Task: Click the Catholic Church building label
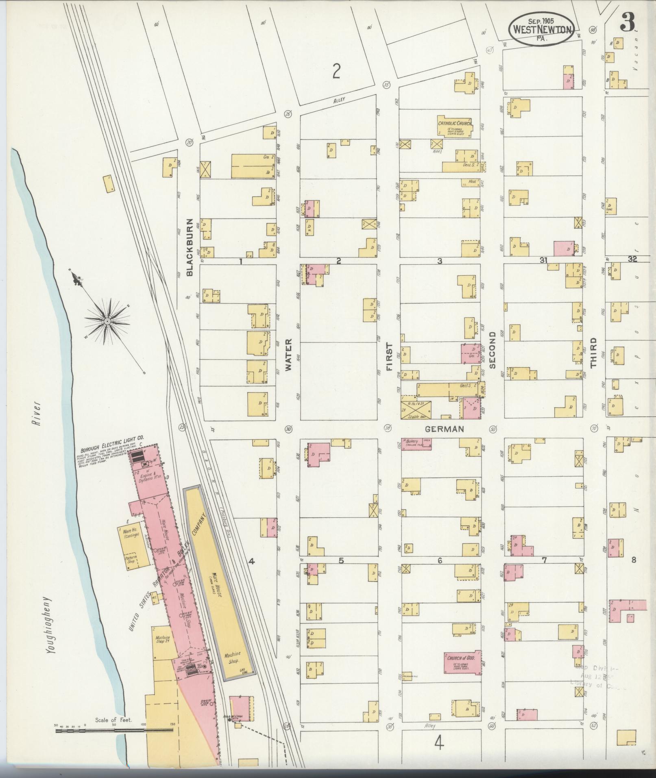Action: [x=455, y=123]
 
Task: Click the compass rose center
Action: [x=107, y=321]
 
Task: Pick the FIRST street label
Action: [x=390, y=357]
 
